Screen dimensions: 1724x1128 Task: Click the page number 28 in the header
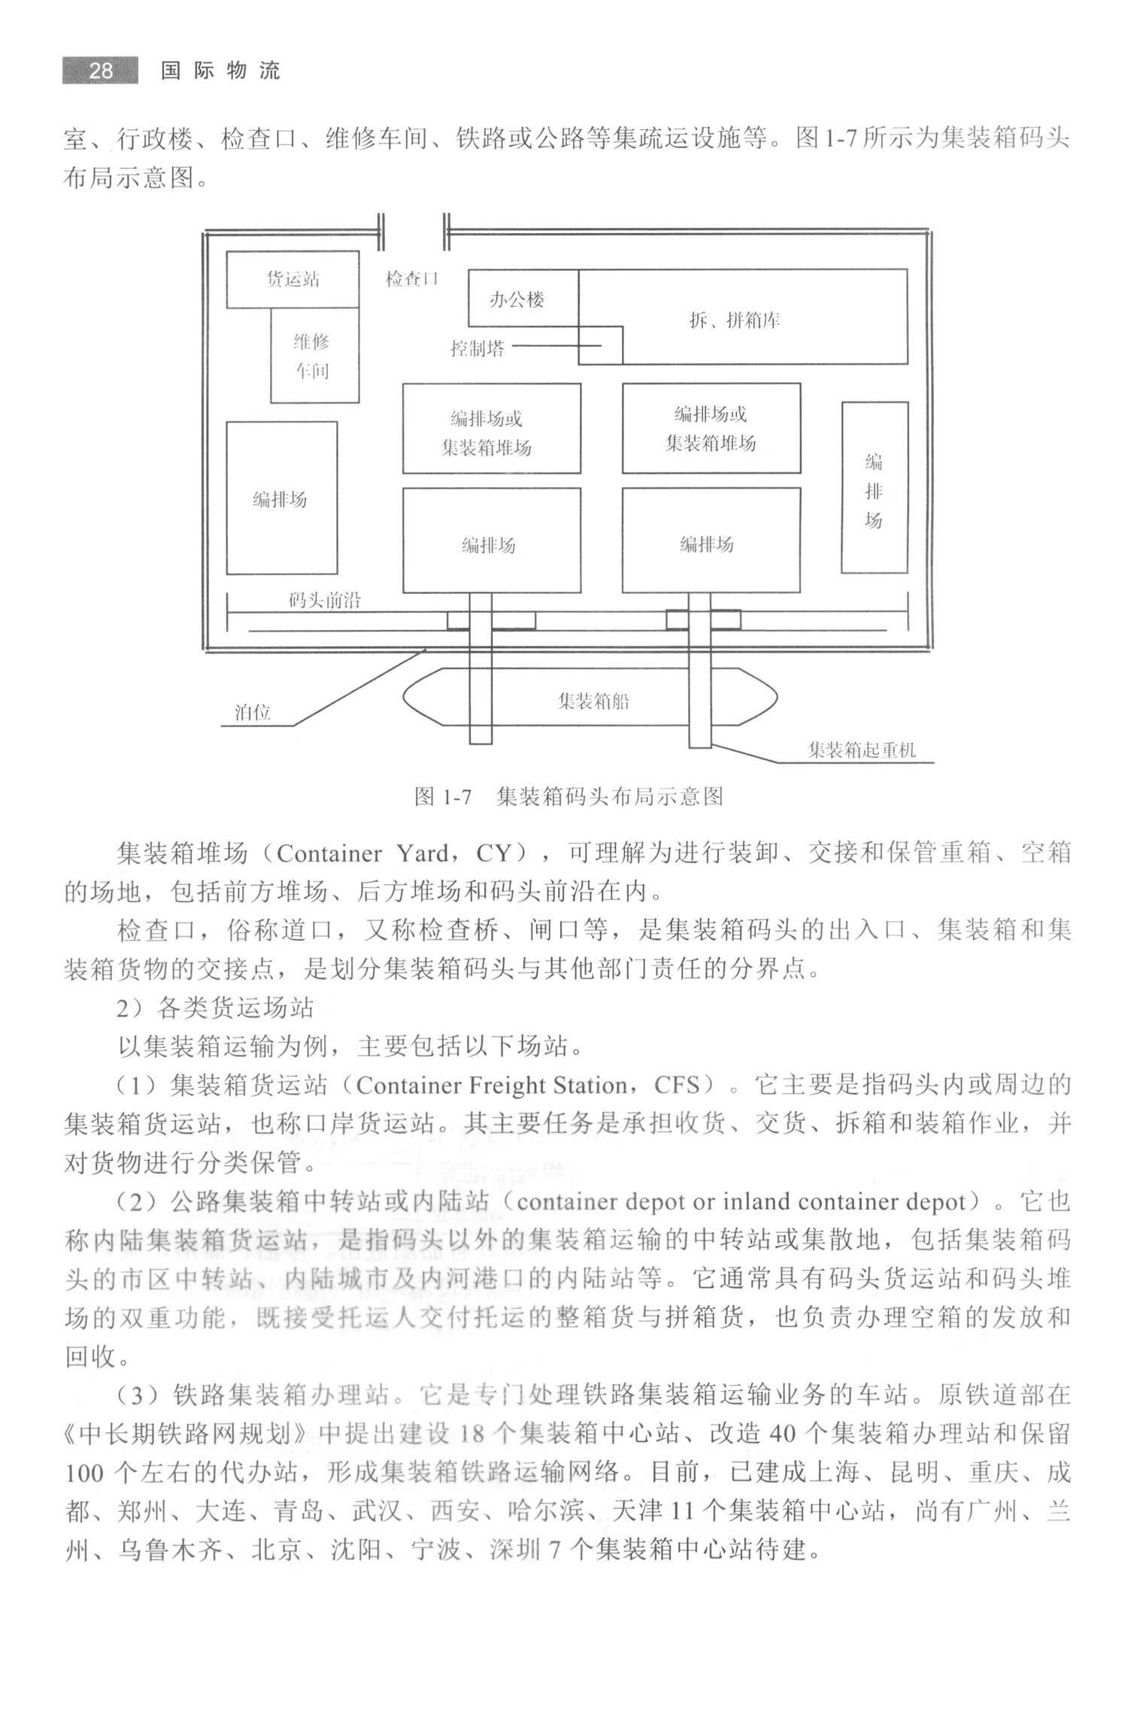(x=100, y=71)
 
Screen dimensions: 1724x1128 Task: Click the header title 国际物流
(x=220, y=71)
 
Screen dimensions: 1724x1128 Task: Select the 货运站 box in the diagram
(x=293, y=280)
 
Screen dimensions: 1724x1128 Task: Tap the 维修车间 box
(x=314, y=356)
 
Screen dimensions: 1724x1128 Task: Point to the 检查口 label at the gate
(x=411, y=279)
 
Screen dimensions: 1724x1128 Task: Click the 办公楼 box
(x=517, y=300)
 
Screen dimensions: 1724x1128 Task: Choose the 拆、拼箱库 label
(x=735, y=321)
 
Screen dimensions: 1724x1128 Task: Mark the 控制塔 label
(x=478, y=349)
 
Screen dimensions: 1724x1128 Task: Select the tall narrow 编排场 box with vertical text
(x=874, y=489)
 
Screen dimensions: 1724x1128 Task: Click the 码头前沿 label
(x=325, y=601)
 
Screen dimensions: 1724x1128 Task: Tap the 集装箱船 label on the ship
(x=593, y=701)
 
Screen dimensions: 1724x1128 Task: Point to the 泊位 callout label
(x=253, y=713)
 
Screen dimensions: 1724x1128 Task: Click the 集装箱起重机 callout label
(x=862, y=750)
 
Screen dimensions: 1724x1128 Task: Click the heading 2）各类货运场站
(x=214, y=1008)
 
